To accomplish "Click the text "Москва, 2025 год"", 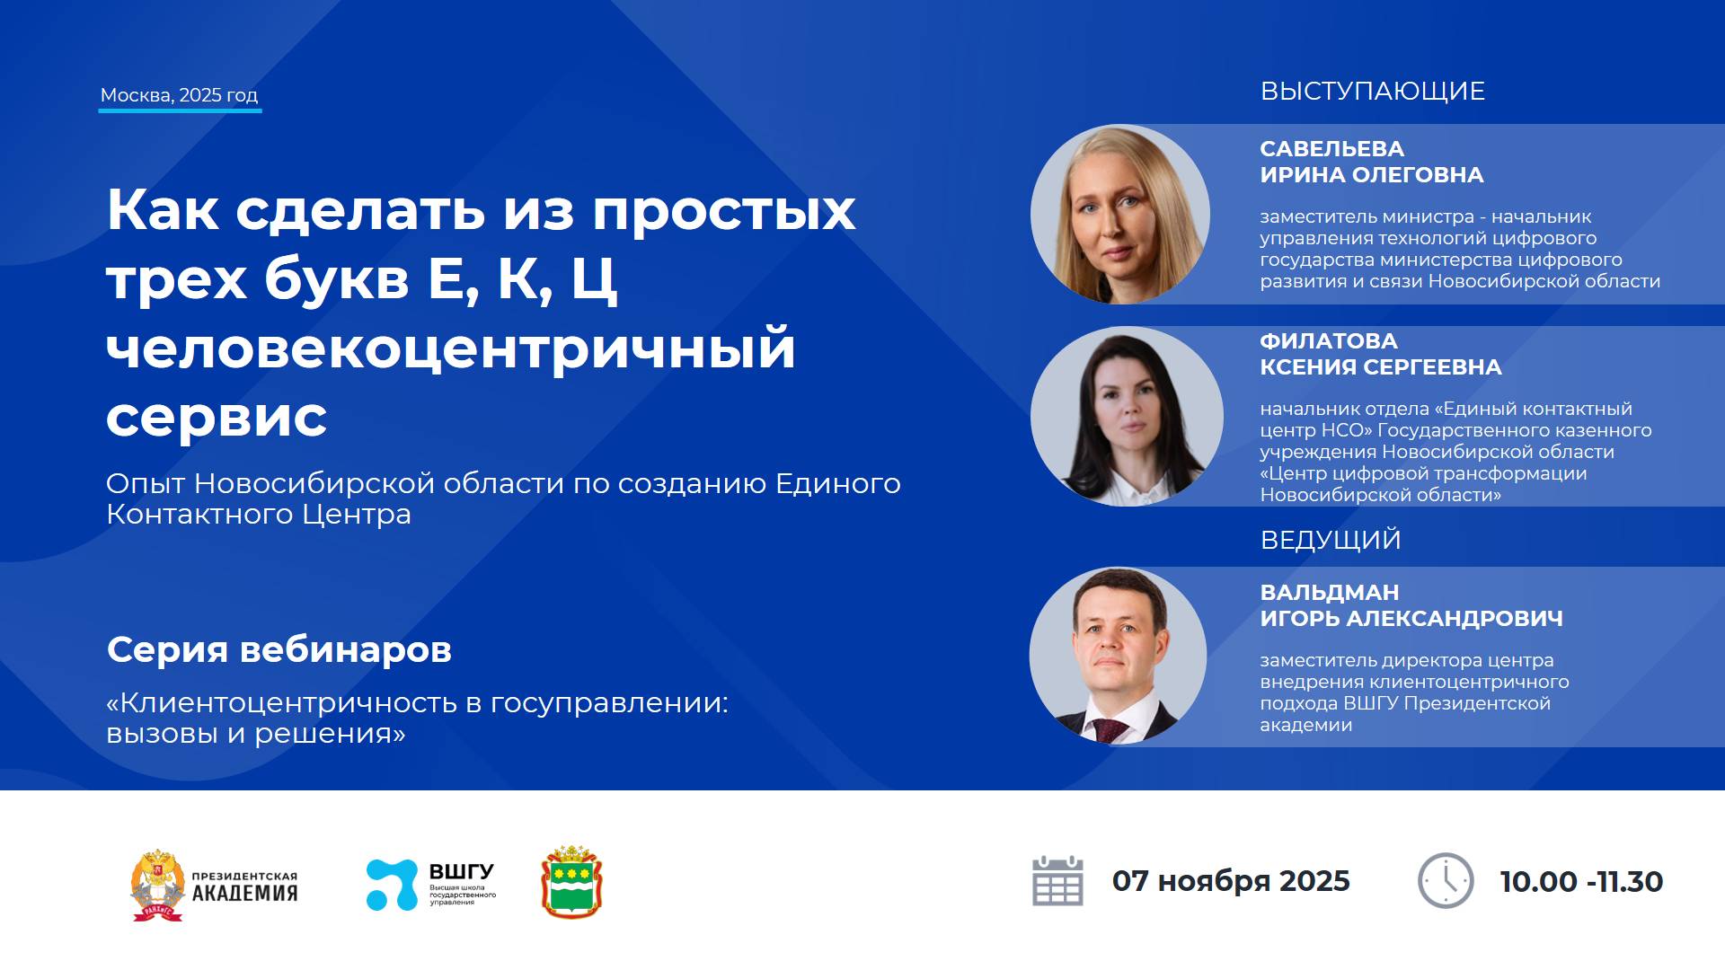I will point(179,95).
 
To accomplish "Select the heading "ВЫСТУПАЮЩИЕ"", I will point(1372,92).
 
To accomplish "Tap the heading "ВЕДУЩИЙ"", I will point(1330,540).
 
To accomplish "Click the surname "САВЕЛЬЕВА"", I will point(1331,149).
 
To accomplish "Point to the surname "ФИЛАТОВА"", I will point(1328,341).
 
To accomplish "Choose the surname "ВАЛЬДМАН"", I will point(1329,593).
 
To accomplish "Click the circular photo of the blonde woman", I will point(1119,214).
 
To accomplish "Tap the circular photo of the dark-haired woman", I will point(1126,416).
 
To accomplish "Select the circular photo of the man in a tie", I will point(1118,656).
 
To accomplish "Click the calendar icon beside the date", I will point(1057,881).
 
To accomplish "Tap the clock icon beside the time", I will point(1445,881).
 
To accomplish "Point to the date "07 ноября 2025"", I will point(1230,881).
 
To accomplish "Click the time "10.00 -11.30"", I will point(1580,882).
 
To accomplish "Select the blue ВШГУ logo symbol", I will point(392,885).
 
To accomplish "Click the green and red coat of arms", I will point(571,882).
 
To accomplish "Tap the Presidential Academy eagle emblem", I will point(158,886).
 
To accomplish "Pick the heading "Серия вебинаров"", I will point(279,649).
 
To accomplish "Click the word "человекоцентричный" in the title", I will point(450,348).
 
